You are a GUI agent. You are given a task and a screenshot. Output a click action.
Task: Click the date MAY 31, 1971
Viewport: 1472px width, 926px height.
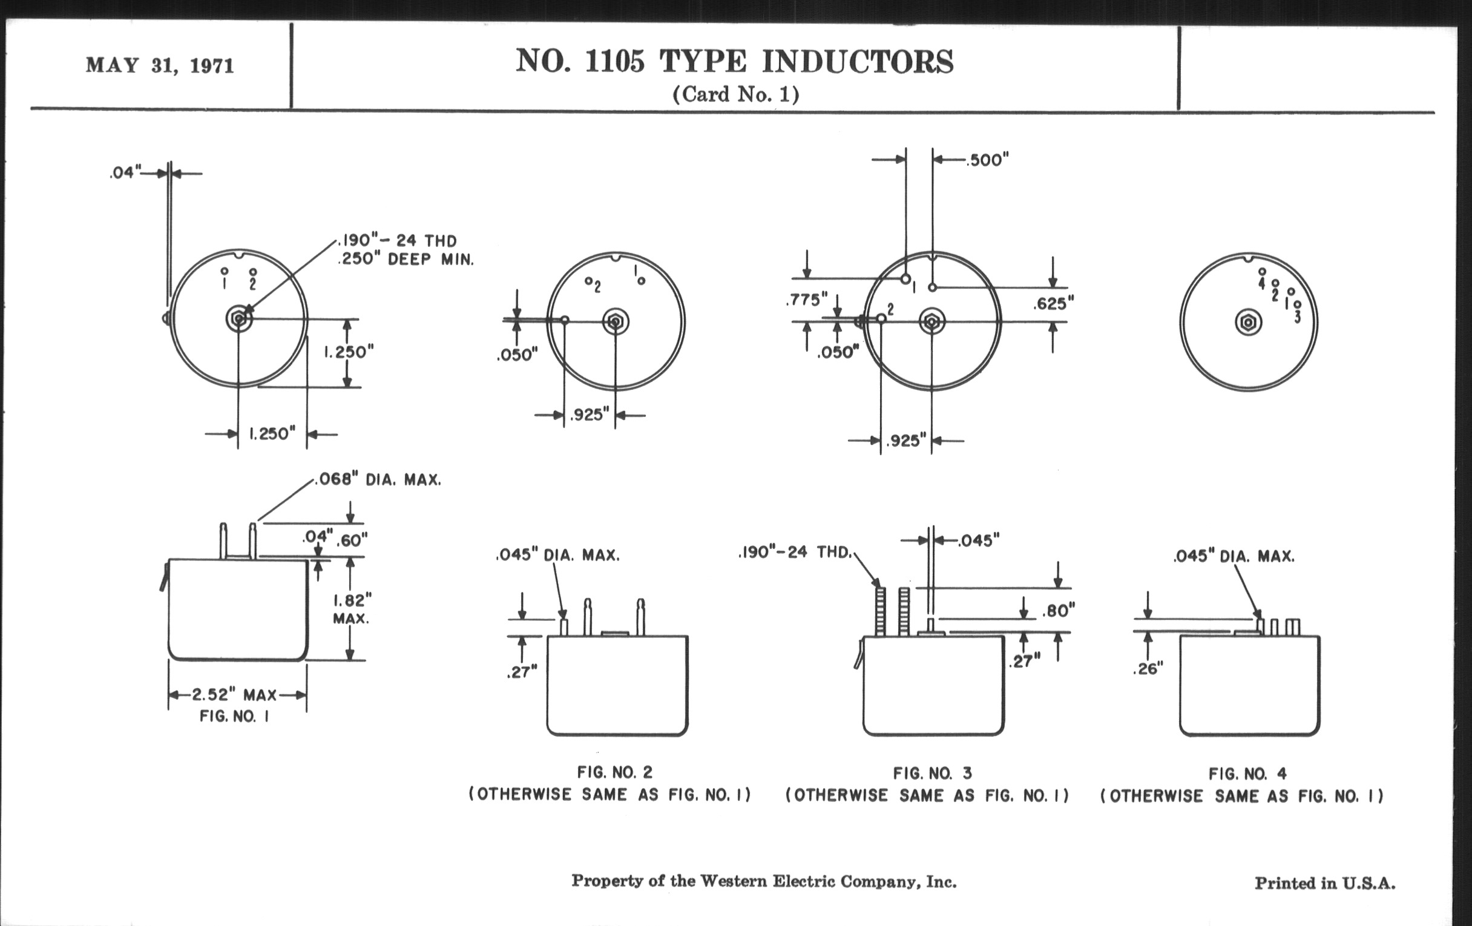pos(160,65)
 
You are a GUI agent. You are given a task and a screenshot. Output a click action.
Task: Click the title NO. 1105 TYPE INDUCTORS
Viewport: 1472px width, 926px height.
pos(734,61)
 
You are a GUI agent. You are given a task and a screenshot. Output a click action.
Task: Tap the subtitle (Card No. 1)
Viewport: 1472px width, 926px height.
pos(735,94)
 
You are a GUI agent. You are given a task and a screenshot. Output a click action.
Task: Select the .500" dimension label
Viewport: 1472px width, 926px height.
pos(987,160)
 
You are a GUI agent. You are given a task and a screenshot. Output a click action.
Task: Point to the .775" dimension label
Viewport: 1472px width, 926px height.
pos(806,300)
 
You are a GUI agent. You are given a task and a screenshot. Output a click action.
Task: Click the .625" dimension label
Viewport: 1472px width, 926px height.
pos(1053,304)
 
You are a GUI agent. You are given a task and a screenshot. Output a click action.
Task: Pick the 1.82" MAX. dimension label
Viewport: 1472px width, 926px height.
pos(351,609)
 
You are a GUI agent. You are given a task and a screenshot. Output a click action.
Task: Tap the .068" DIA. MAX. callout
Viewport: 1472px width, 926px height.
pos(378,480)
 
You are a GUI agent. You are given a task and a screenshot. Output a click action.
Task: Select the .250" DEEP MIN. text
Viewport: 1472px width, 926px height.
pos(406,259)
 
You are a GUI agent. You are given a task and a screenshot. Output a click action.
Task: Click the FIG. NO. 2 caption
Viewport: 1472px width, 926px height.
pos(614,773)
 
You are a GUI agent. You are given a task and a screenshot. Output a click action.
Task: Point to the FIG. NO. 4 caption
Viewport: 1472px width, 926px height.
pos(1247,774)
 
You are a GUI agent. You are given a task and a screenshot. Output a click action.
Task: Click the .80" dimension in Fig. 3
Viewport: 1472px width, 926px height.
pos(1058,611)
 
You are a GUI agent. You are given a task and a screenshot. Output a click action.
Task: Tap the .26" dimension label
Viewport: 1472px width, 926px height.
pos(1148,669)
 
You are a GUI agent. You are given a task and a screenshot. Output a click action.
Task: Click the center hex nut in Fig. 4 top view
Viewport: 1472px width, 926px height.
pos(1247,322)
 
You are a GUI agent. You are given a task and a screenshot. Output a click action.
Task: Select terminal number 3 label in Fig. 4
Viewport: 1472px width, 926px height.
pos(1297,317)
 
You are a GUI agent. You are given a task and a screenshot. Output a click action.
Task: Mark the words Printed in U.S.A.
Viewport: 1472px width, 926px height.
pos(1325,883)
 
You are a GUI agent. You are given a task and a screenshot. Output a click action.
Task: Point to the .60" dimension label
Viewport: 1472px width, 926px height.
pos(352,540)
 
